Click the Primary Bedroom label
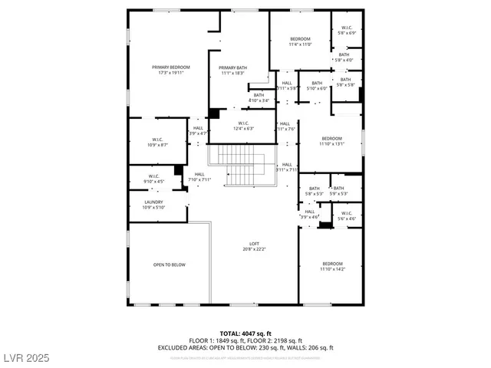[170, 67]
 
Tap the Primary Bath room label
[232, 67]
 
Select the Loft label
[254, 244]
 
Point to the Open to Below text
[170, 264]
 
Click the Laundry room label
[153, 202]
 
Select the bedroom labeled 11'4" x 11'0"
[300, 39]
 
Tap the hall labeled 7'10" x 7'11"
[199, 177]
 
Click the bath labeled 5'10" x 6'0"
[316, 84]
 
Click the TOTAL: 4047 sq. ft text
[245, 333]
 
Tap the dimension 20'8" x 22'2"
[254, 249]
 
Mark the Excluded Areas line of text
[245, 347]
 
